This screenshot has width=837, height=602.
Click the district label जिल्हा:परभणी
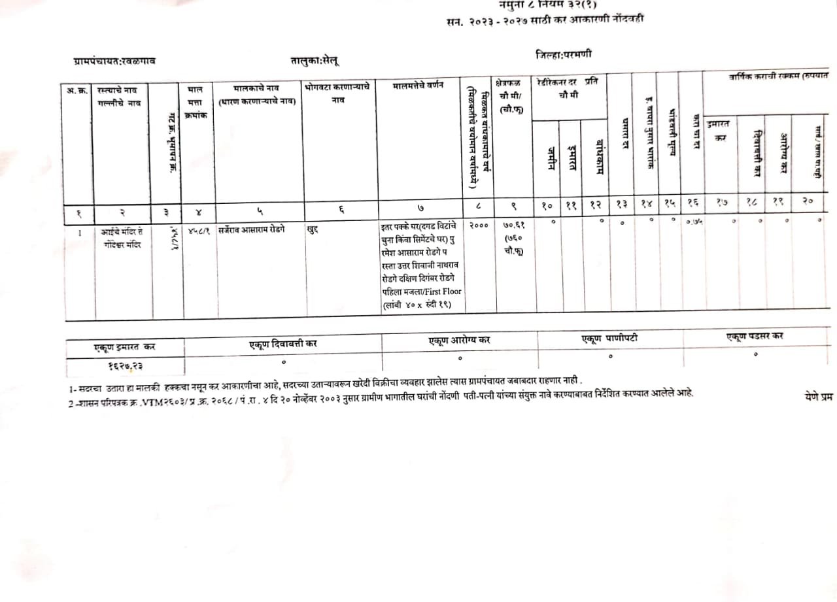[x=563, y=54]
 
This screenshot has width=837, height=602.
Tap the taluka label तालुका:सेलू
[x=315, y=60]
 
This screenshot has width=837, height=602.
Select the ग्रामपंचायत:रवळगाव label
[x=114, y=61]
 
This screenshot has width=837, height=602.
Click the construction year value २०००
[x=479, y=225]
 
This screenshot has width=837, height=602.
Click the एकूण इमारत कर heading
[x=124, y=347]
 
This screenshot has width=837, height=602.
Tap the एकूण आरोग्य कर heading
[x=459, y=340]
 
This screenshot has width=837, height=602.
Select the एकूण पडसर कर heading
[x=755, y=336]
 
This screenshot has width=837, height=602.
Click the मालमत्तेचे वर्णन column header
[x=418, y=88]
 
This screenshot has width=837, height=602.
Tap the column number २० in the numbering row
[x=808, y=202]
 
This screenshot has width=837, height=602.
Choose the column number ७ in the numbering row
[x=420, y=208]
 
